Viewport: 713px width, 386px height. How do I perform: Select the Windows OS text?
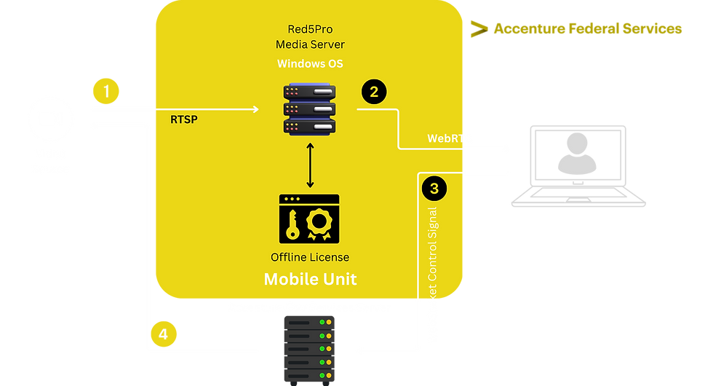310,63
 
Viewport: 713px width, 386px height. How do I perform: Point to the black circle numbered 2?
374,92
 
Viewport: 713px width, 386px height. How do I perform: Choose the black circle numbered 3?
434,188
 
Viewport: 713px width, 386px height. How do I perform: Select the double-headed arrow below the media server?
311,165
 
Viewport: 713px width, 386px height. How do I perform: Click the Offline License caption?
310,257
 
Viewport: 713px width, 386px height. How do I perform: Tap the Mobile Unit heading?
310,279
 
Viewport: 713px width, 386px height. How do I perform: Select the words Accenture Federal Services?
588,29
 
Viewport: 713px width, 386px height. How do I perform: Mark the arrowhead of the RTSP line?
255,109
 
